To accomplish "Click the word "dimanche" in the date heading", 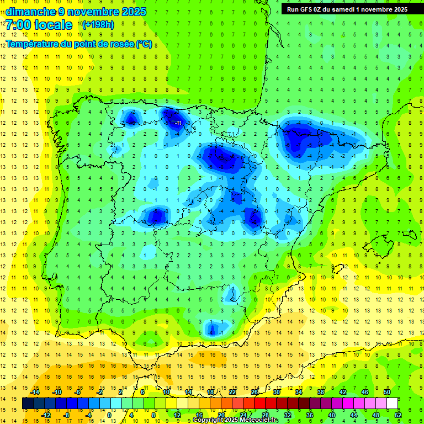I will point(30,12).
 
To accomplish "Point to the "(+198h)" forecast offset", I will point(98,24).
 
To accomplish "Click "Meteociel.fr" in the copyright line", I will point(258,420).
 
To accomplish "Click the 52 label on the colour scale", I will point(398,415).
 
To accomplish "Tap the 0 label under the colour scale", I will point(109,415).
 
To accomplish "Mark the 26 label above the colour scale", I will point(255,392).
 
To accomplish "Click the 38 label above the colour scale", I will point(320,392).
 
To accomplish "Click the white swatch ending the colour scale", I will point(393,404).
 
